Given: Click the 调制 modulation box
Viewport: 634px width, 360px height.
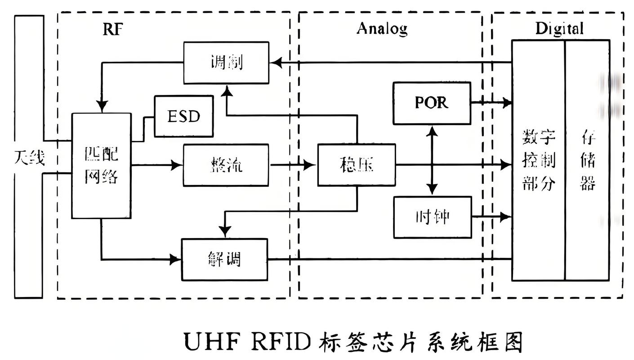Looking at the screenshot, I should tap(226, 63).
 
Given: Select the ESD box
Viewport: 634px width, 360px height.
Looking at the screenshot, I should tap(183, 116).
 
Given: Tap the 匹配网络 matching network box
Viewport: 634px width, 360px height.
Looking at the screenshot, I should tap(102, 166).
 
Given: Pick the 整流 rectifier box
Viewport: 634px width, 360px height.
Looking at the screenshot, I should tap(226, 165).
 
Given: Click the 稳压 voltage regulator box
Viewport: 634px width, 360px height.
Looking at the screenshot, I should tap(357, 165).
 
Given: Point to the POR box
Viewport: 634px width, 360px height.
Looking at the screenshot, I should tap(432, 103).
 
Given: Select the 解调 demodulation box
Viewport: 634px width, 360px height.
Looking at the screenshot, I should tap(224, 260).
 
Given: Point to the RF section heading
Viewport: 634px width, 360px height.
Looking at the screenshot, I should tap(112, 29).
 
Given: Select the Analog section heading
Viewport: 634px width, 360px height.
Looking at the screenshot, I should tap(382, 28).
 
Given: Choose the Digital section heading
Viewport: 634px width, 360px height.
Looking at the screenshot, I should tap(559, 29).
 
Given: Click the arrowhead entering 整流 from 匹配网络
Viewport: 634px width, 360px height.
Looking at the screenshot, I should tap(177, 165).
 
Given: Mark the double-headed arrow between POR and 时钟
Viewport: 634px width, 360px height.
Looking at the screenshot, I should tap(432, 160).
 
